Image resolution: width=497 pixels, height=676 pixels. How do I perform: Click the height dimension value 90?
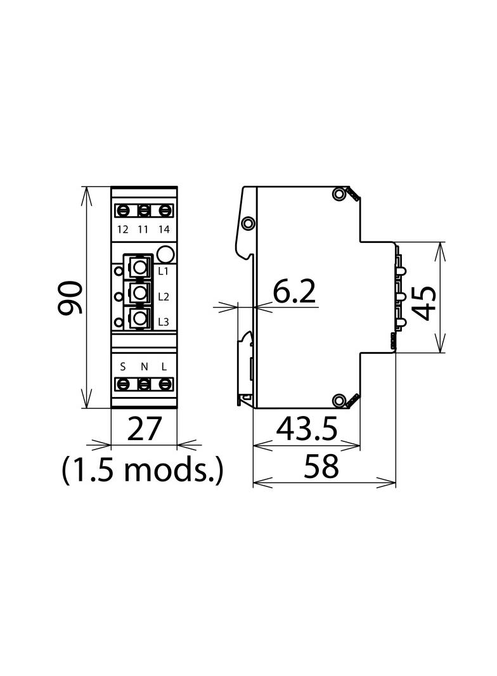click(70, 298)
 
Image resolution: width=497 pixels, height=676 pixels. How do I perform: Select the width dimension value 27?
click(145, 430)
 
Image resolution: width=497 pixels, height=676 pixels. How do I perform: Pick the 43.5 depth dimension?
click(307, 431)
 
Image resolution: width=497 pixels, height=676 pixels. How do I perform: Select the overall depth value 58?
click(321, 467)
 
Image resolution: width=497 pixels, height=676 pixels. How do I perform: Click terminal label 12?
click(123, 230)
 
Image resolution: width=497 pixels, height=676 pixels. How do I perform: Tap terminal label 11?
click(143, 230)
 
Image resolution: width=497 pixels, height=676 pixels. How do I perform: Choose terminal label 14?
click(164, 230)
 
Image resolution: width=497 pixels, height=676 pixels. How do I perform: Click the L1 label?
click(163, 271)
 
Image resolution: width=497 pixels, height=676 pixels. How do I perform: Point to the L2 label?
click(163, 297)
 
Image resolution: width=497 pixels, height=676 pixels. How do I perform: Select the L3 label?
click(163, 322)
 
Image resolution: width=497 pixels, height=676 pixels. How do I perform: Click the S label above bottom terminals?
click(124, 367)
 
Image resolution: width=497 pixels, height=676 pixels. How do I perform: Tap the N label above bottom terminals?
click(144, 367)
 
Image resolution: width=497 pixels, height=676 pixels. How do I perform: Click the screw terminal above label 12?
click(124, 210)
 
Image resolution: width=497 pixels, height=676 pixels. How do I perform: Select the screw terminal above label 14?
click(164, 210)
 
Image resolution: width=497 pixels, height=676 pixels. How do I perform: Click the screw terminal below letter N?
click(144, 384)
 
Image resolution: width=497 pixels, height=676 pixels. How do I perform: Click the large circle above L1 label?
click(165, 255)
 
